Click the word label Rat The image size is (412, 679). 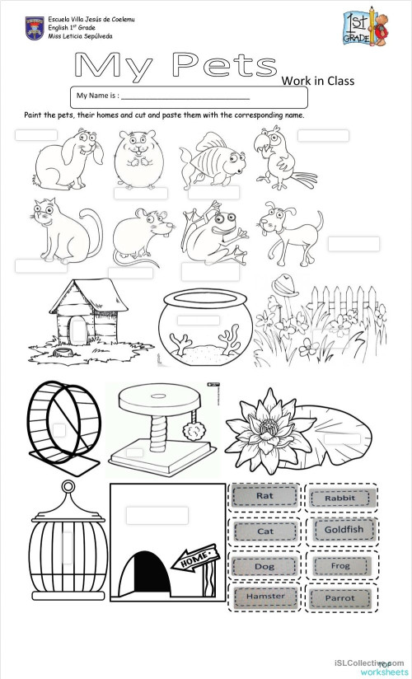click(x=265, y=497)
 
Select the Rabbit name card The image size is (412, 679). click(x=339, y=498)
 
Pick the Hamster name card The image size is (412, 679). click(x=265, y=597)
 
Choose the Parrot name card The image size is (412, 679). click(x=339, y=597)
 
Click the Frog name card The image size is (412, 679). click(x=339, y=566)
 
